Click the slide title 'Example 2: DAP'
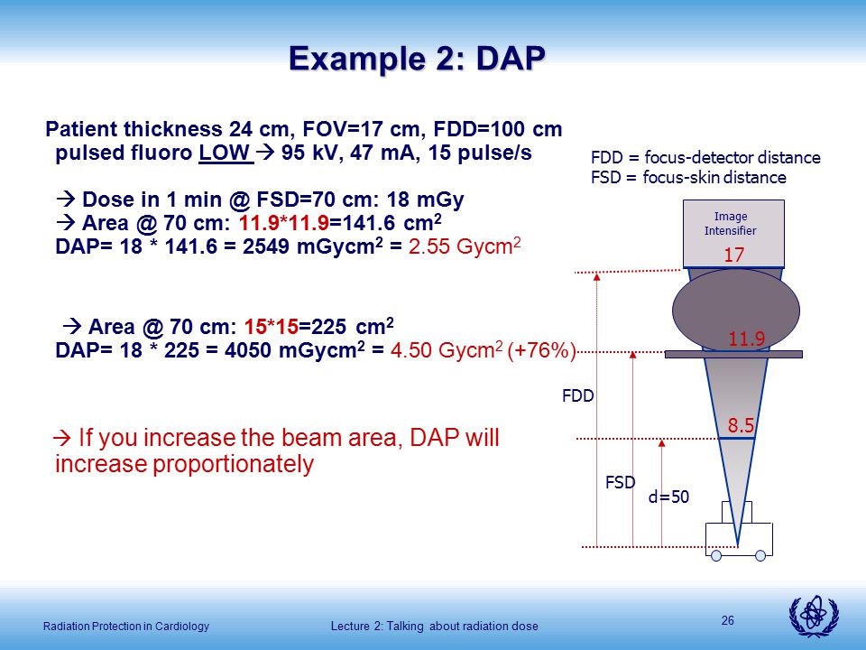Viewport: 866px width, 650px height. [417, 59]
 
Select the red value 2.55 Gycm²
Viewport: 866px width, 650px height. [465, 246]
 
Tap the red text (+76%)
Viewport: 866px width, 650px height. [541, 350]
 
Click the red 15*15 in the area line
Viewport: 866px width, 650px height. [272, 327]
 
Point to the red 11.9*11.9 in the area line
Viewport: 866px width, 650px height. [284, 223]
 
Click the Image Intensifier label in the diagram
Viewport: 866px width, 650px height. [730, 223]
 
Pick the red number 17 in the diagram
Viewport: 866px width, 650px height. [734, 255]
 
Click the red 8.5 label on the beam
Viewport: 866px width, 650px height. [741, 425]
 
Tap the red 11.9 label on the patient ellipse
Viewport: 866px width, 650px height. [747, 339]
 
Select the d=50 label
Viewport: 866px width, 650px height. [668, 497]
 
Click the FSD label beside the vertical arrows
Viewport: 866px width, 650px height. [621, 482]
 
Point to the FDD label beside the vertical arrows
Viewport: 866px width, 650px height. [578, 395]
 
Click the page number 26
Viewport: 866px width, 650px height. [728, 621]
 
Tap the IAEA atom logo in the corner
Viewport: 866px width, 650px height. [814, 617]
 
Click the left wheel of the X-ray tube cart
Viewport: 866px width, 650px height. [716, 555]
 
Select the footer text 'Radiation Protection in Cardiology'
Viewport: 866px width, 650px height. [126, 627]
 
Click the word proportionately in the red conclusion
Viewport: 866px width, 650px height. [234, 464]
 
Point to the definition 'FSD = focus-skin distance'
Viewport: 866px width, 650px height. [688, 178]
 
